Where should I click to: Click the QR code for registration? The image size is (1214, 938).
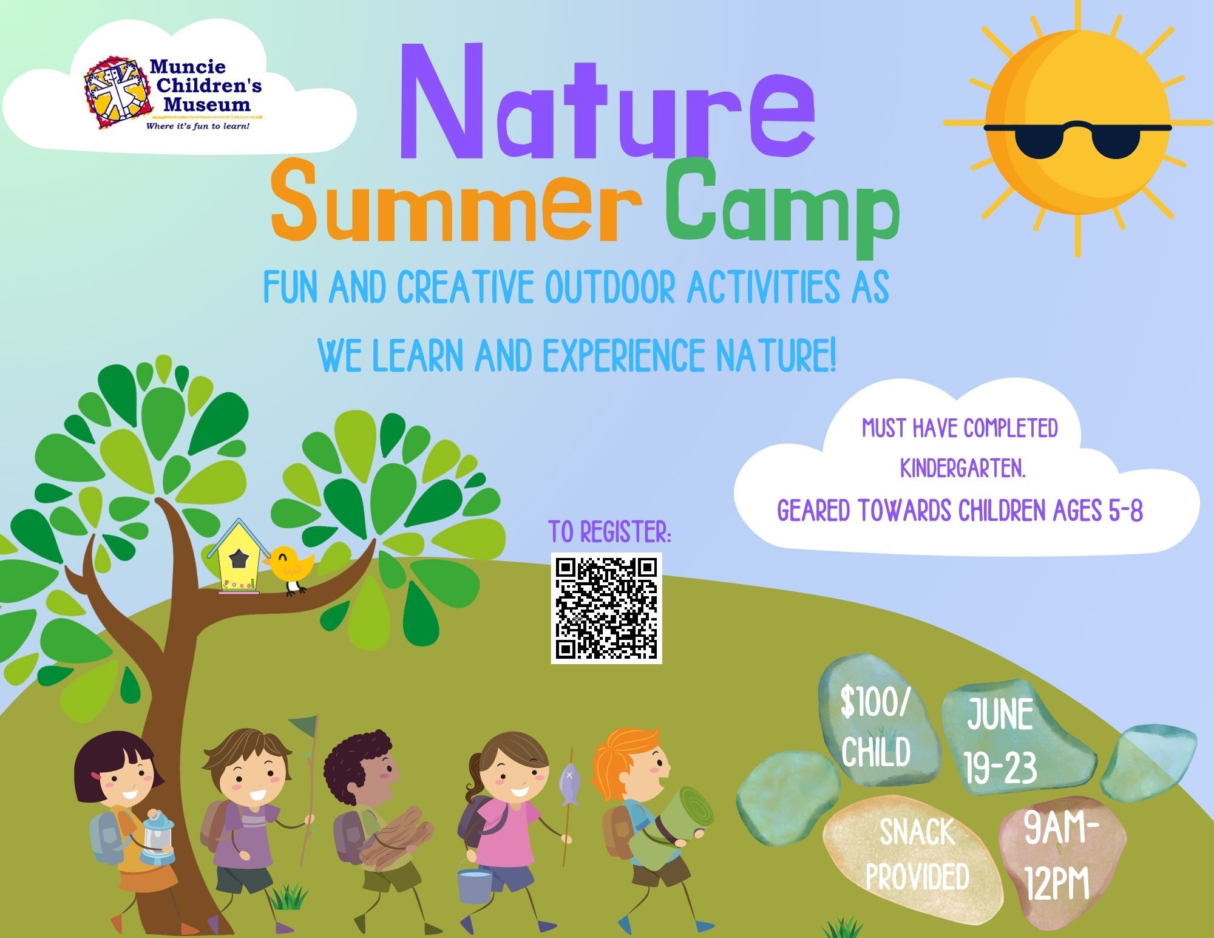(606, 608)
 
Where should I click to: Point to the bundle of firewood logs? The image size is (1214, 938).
(396, 838)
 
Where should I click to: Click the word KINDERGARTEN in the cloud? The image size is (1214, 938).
(962, 469)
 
